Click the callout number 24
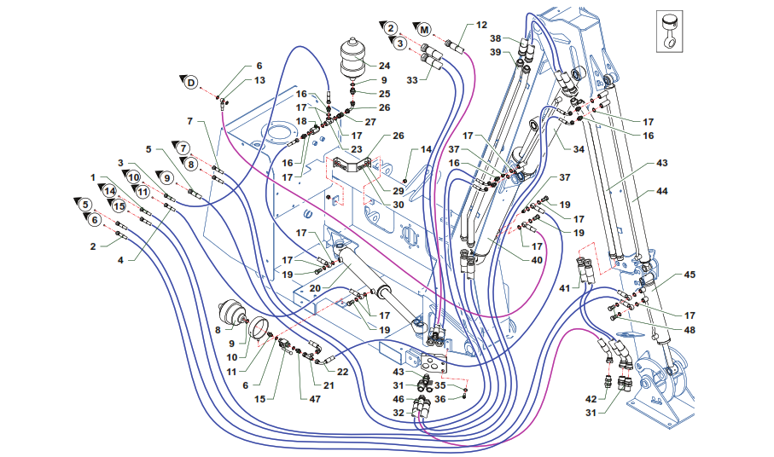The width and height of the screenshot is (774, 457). [x=385, y=66]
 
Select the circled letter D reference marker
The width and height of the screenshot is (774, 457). [x=191, y=83]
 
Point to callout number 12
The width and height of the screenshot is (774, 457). [x=482, y=25]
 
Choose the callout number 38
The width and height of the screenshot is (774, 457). [x=495, y=39]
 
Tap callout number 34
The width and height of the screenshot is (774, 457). [x=578, y=149]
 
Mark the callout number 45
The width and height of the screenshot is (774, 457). [x=690, y=275]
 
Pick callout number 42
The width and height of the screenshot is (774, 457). [x=590, y=399]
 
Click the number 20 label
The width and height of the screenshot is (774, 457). [x=316, y=288]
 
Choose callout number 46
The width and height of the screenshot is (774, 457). [x=399, y=399]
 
